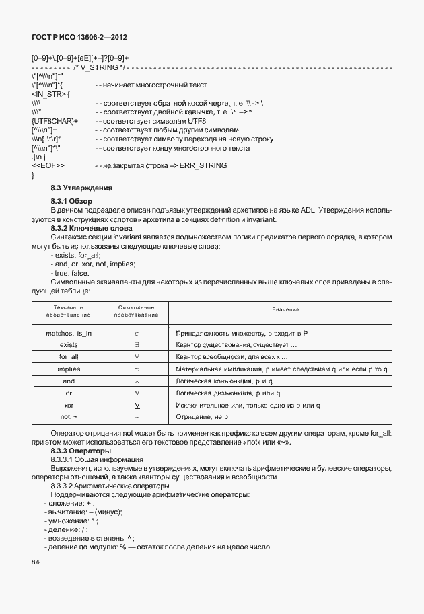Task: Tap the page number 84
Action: click(36, 562)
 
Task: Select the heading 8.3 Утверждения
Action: click(81, 188)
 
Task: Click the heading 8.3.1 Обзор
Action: click(75, 202)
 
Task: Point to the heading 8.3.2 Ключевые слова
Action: click(87, 228)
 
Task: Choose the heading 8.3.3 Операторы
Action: click(80, 451)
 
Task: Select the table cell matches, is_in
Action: click(69, 333)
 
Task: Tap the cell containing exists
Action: click(69, 345)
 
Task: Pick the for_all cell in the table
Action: click(69, 357)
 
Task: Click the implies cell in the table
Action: click(69, 369)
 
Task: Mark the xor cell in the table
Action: click(69, 406)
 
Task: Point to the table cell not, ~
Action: click(69, 418)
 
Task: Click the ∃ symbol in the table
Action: click(137, 345)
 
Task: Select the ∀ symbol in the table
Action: click(137, 357)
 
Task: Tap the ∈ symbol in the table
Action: click(137, 333)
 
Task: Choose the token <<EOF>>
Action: click(48, 165)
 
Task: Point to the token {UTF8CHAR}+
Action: click(55, 121)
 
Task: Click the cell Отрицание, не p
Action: click(202, 418)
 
